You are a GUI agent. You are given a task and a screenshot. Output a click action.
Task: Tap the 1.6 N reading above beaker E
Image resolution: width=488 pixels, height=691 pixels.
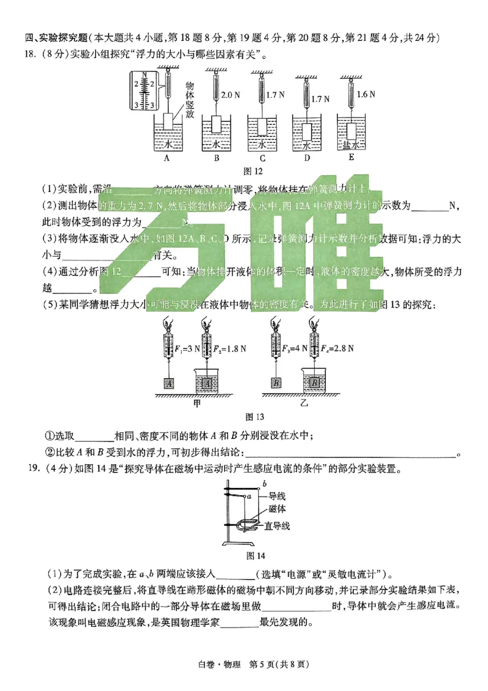(x=365, y=95)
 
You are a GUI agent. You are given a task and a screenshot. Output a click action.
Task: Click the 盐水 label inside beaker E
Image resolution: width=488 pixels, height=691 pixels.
(x=350, y=145)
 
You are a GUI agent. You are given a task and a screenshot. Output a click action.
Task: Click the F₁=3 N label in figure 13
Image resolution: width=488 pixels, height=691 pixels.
(x=185, y=349)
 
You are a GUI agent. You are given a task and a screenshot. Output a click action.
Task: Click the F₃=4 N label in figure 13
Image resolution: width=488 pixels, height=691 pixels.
(x=291, y=349)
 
